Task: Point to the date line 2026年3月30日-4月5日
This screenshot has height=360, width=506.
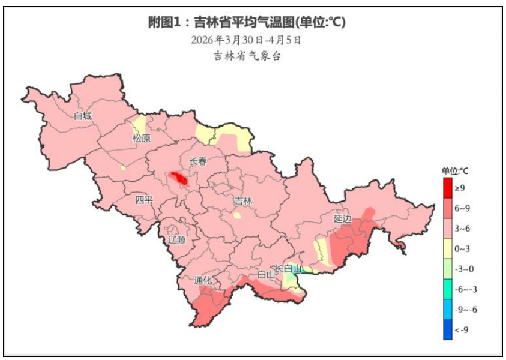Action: pos(246,41)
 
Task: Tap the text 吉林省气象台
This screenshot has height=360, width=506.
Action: pos(247,56)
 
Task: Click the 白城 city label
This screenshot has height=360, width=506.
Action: pos(83,116)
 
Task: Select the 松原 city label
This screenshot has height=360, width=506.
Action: pos(142,139)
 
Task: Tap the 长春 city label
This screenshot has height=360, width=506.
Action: pos(197,161)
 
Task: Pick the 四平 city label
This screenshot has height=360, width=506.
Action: pos(144,200)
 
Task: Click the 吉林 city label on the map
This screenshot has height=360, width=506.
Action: pos(242,201)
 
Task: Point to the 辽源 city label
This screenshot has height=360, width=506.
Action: pos(177,239)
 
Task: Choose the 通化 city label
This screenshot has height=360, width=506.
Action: pos(203,280)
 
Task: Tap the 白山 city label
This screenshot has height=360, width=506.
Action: pos(266,274)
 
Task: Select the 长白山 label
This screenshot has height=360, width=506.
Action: pos(288,269)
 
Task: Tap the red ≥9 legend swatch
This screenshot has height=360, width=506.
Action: pos(448,188)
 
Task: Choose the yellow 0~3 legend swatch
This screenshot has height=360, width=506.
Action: pos(448,248)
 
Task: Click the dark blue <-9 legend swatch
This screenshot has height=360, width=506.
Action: pos(448,329)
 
